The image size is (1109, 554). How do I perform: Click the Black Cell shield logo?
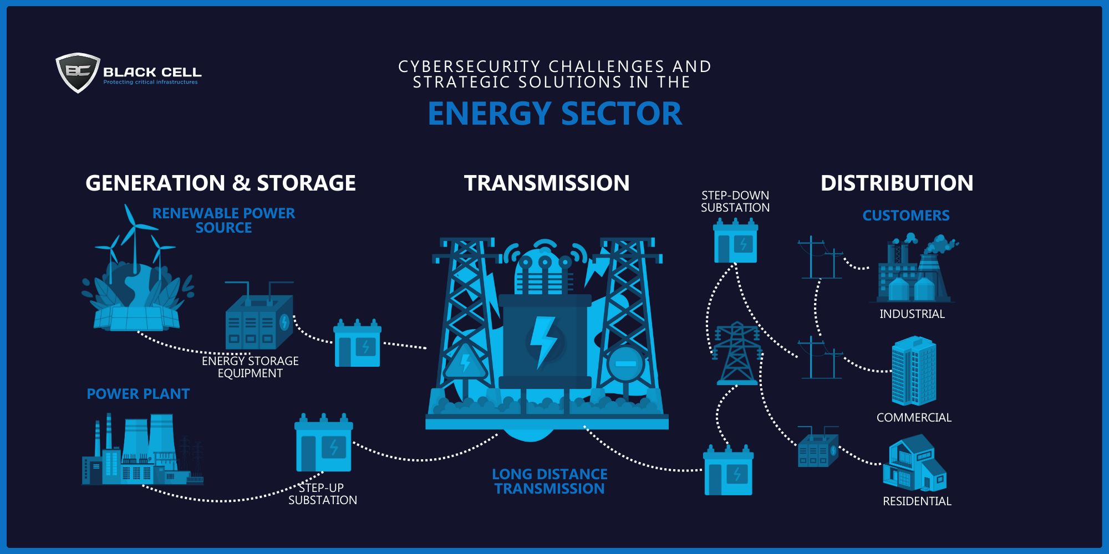point(78,73)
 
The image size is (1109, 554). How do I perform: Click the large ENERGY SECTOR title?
point(554,114)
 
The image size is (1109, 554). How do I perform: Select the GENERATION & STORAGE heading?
point(221,183)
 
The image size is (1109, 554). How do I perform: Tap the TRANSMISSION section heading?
point(547,183)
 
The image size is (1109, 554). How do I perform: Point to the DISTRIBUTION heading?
point(897,183)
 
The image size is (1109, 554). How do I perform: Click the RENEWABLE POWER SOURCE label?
point(224,220)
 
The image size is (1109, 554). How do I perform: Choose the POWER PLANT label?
point(138,394)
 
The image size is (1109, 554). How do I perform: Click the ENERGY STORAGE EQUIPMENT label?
point(250,367)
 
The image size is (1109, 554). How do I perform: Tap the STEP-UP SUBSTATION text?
point(323,494)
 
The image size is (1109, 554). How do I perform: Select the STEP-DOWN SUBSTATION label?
point(735,202)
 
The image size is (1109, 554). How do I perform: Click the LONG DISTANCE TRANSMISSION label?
point(550,481)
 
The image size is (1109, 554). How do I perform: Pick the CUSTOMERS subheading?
point(906,216)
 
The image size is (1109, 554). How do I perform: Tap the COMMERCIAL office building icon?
point(914,371)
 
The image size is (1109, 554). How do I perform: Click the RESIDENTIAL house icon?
point(914,463)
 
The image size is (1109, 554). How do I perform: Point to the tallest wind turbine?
point(134,238)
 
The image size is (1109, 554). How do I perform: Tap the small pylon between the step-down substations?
point(737,353)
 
